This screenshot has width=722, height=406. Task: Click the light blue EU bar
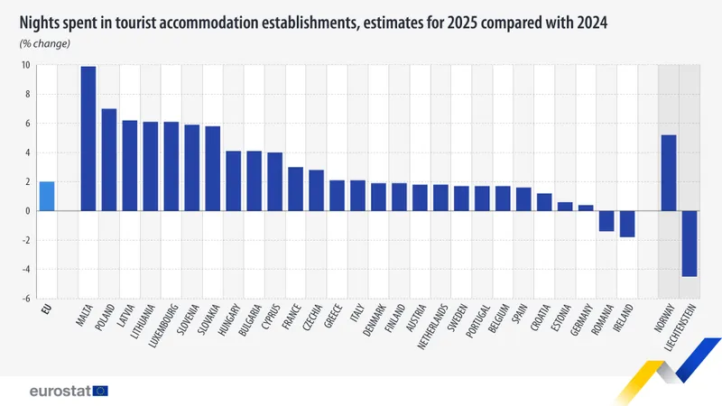pos(47,196)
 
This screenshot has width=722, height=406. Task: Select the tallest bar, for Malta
pos(88,138)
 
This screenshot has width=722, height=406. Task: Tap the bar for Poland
pos(109,160)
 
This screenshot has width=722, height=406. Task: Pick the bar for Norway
pos(669,172)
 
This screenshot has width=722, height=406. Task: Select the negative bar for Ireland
pos(627,224)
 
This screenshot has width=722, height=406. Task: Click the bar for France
pos(295,189)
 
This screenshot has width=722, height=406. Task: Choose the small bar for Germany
pos(586,208)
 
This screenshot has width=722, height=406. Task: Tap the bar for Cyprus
pos(274,181)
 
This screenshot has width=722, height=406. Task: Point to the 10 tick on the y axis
pos(26,65)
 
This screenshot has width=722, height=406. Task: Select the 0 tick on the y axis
pos(28,211)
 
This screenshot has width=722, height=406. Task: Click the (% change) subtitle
pos(45,43)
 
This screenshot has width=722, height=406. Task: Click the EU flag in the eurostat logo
pos(99,391)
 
